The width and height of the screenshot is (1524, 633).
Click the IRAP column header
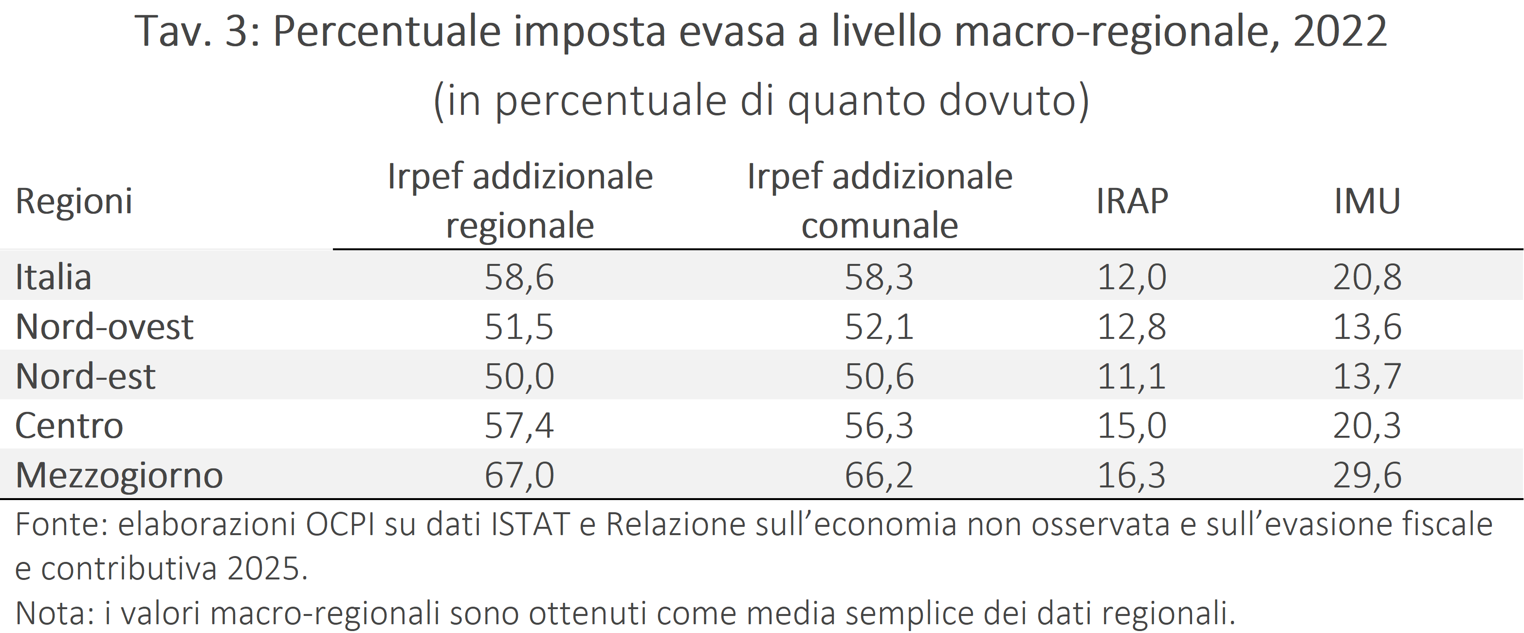(1132, 201)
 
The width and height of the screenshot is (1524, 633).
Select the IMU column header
(1367, 201)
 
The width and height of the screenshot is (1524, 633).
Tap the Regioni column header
(74, 201)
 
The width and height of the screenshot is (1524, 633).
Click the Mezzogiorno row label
(119, 475)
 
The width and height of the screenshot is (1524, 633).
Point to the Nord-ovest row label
(104, 327)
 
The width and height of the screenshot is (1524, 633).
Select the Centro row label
(69, 426)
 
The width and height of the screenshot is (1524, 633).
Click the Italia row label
(53, 277)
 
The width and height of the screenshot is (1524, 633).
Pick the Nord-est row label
(85, 376)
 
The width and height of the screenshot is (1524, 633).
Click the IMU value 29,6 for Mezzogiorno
(1367, 475)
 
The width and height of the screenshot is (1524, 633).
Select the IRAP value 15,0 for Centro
(1131, 426)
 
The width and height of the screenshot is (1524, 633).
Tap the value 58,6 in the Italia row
(519, 277)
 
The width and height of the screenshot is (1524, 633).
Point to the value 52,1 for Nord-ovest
(879, 327)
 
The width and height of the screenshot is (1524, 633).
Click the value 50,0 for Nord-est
(519, 376)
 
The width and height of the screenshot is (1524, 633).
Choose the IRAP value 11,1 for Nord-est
(1131, 376)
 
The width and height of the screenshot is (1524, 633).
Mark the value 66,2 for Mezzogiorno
(879, 475)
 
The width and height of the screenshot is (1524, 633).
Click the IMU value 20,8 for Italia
(1367, 277)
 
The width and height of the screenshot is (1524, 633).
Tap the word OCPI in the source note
(340, 524)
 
